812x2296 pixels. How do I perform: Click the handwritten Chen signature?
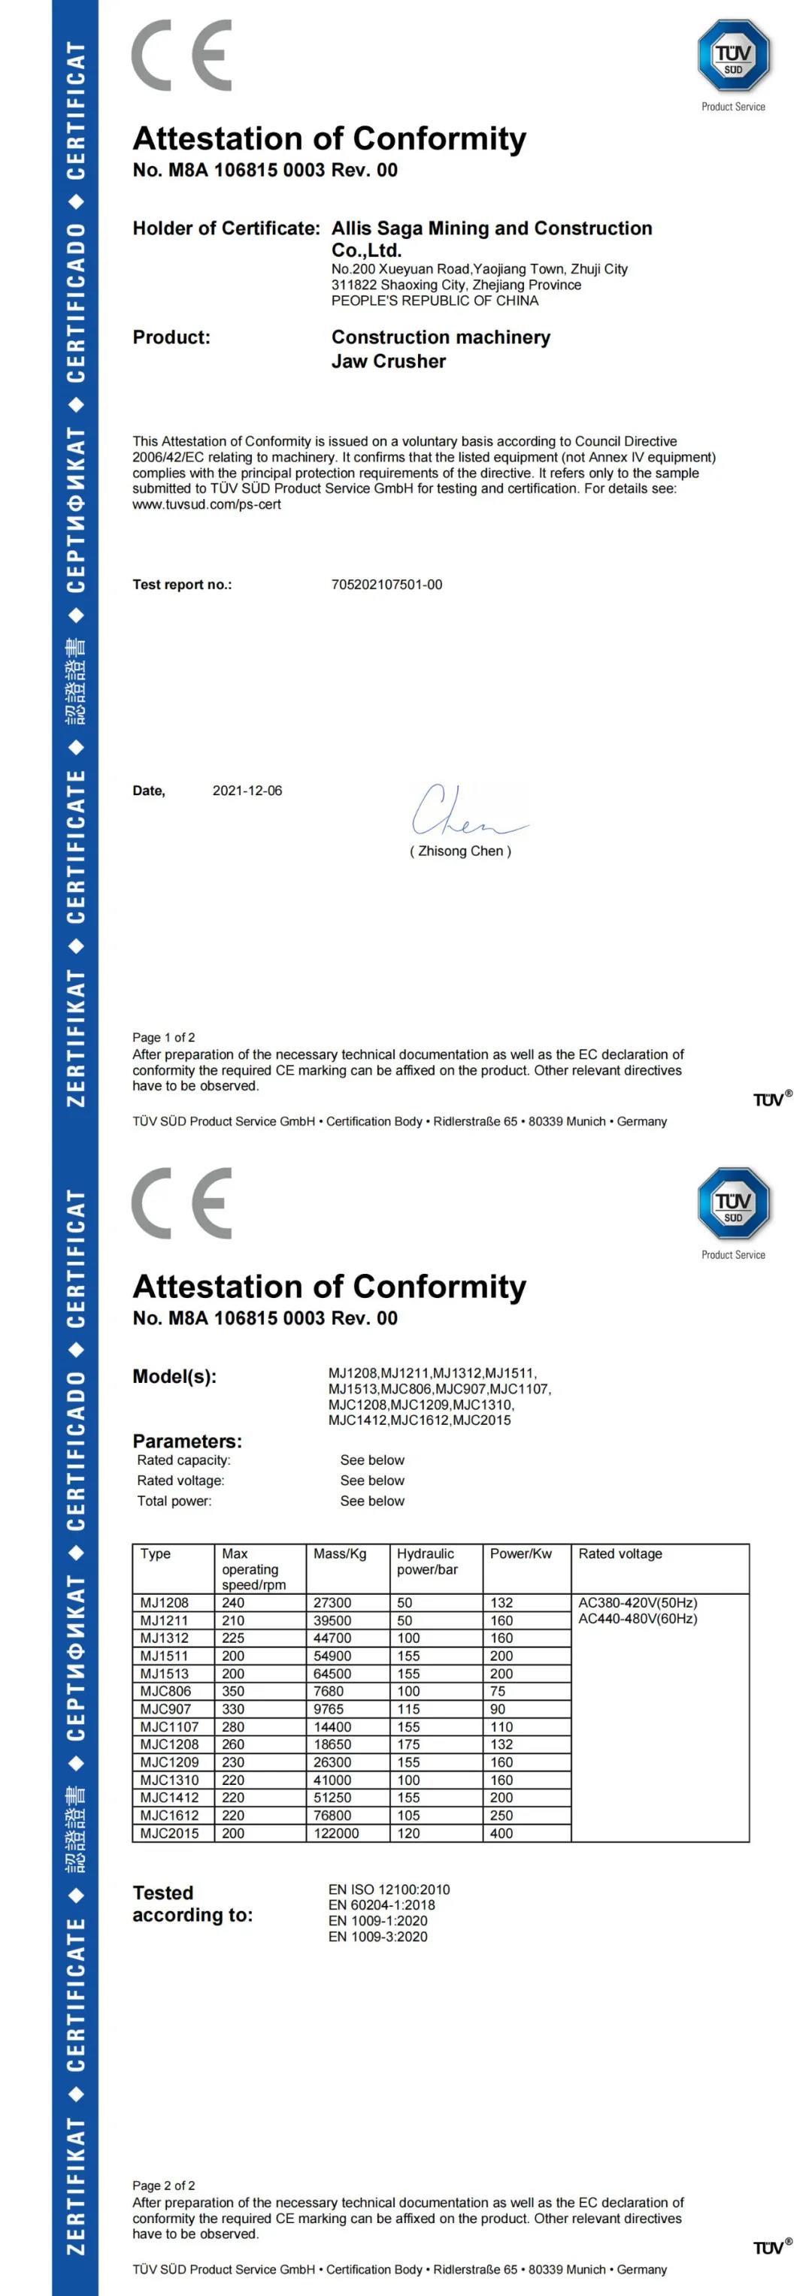(467, 810)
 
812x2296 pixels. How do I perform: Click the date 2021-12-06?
(247, 791)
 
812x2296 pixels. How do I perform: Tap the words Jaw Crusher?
(389, 361)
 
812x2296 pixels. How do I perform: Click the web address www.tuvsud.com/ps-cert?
(207, 504)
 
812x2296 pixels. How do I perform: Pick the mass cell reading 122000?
(336, 1833)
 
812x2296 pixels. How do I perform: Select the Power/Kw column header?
(520, 1553)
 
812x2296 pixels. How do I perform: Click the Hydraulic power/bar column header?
(427, 1562)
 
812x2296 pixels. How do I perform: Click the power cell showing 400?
(501, 1833)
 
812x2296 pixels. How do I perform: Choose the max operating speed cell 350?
(234, 1691)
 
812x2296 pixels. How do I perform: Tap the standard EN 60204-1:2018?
(381, 1904)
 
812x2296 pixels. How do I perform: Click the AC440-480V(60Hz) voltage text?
(638, 1619)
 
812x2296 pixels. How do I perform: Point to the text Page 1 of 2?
(163, 1037)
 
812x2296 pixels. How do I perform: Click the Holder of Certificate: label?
(226, 228)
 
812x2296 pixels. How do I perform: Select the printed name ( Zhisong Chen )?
(460, 852)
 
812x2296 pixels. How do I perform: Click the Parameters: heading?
(187, 1441)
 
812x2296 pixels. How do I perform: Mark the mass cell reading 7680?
(328, 1691)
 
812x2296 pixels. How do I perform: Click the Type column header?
(155, 1553)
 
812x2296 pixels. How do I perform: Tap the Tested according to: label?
(192, 1904)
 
